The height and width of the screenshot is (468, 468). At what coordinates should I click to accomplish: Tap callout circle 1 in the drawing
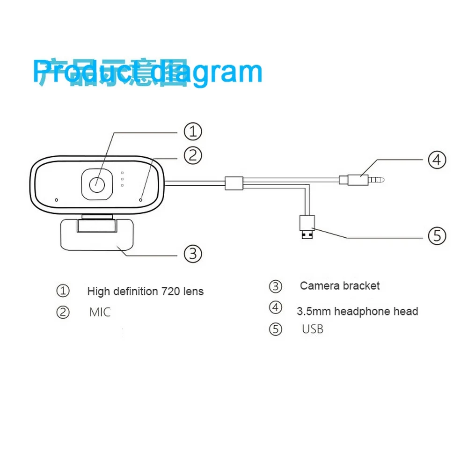click(x=192, y=132)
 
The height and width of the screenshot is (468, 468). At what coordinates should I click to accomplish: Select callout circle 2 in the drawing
click(x=192, y=155)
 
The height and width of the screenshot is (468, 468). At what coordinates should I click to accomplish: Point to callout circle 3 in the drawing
click(x=192, y=254)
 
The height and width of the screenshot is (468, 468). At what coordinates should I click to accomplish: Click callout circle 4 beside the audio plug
click(x=437, y=160)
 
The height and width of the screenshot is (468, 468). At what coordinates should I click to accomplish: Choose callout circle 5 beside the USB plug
click(x=437, y=235)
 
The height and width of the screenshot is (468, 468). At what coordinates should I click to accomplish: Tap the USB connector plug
click(x=307, y=227)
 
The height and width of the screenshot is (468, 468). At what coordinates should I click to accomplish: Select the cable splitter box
click(x=234, y=183)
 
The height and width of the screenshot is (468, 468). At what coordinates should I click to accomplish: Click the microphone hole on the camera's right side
click(x=141, y=199)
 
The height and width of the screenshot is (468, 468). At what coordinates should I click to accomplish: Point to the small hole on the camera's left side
click(x=56, y=200)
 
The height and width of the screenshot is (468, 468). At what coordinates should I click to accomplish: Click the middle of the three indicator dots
click(x=122, y=178)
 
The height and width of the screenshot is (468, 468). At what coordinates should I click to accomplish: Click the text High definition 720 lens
click(x=145, y=292)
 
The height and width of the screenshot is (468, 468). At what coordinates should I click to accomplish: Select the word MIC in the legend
click(x=100, y=312)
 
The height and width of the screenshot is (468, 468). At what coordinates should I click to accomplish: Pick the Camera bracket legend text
click(x=340, y=286)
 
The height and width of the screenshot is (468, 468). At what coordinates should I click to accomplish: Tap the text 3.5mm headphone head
click(x=357, y=311)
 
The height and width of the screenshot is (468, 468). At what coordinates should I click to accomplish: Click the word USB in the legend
click(x=313, y=329)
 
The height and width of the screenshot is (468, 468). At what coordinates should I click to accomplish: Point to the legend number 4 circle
click(x=276, y=307)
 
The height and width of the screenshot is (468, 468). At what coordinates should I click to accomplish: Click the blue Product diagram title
click(x=147, y=73)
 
